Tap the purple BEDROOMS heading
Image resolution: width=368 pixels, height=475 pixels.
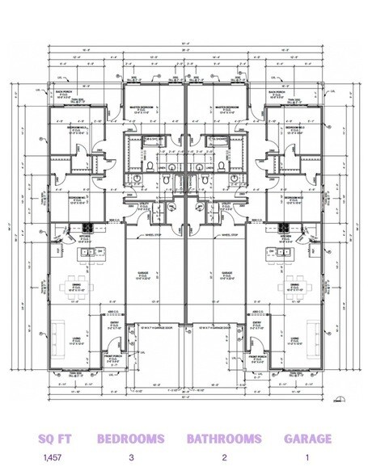131,439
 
